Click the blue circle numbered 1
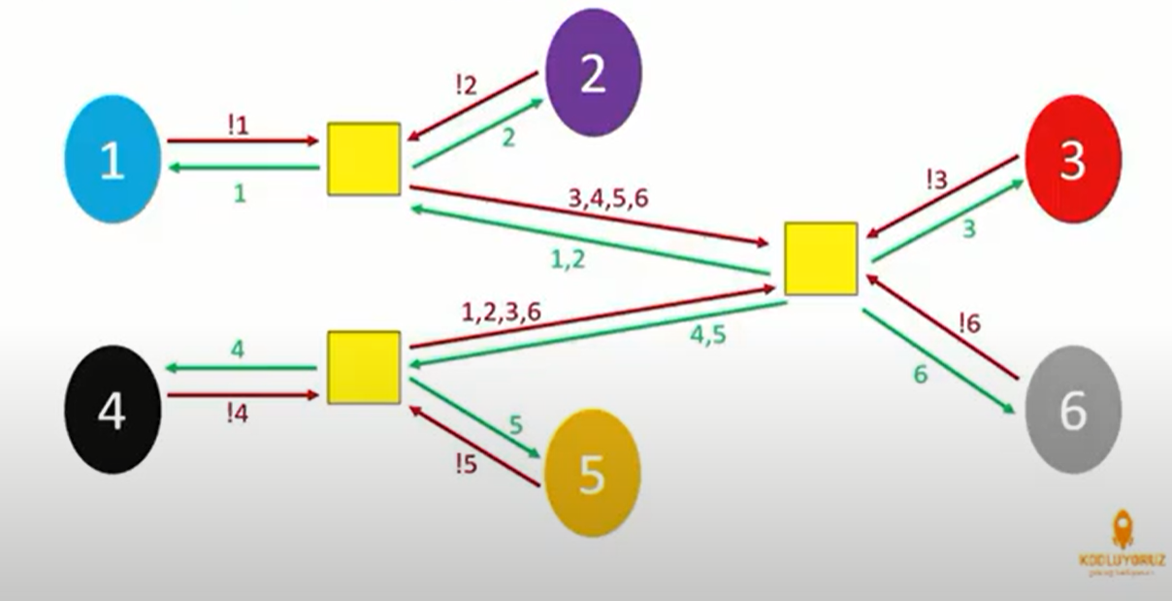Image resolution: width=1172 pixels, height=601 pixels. tap(112, 159)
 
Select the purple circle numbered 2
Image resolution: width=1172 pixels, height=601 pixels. tap(593, 73)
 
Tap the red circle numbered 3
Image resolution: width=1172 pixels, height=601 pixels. tap(1071, 159)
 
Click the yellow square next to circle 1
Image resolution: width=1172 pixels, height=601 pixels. tap(364, 158)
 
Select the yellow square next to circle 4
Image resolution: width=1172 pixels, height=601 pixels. tap(364, 367)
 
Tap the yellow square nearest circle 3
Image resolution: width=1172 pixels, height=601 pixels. tap(821, 258)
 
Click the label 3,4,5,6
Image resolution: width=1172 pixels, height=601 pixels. tap(608, 197)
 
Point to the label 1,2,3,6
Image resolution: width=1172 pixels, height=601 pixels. tap(501, 312)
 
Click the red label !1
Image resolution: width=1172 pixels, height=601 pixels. tap(238, 123)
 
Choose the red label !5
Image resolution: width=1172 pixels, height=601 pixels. tap(465, 464)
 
